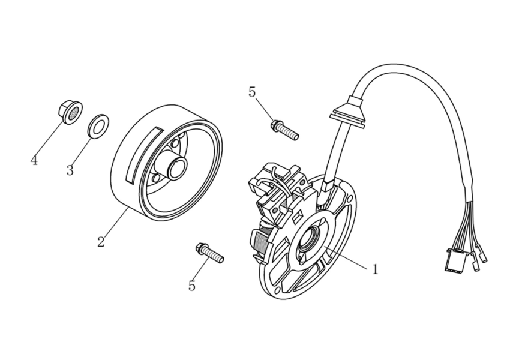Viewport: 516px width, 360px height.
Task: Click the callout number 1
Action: pos(375,270)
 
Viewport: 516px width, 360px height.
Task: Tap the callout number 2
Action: pos(101,242)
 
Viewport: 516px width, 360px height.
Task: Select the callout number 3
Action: pos(70,170)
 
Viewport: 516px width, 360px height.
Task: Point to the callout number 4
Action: pos(34,161)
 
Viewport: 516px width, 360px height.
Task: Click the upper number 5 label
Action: pos(252,92)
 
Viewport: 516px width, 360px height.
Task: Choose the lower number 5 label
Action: pos(192,286)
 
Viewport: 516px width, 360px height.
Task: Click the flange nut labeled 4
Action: pos(69,111)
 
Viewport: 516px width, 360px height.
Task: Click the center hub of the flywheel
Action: pos(175,167)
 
